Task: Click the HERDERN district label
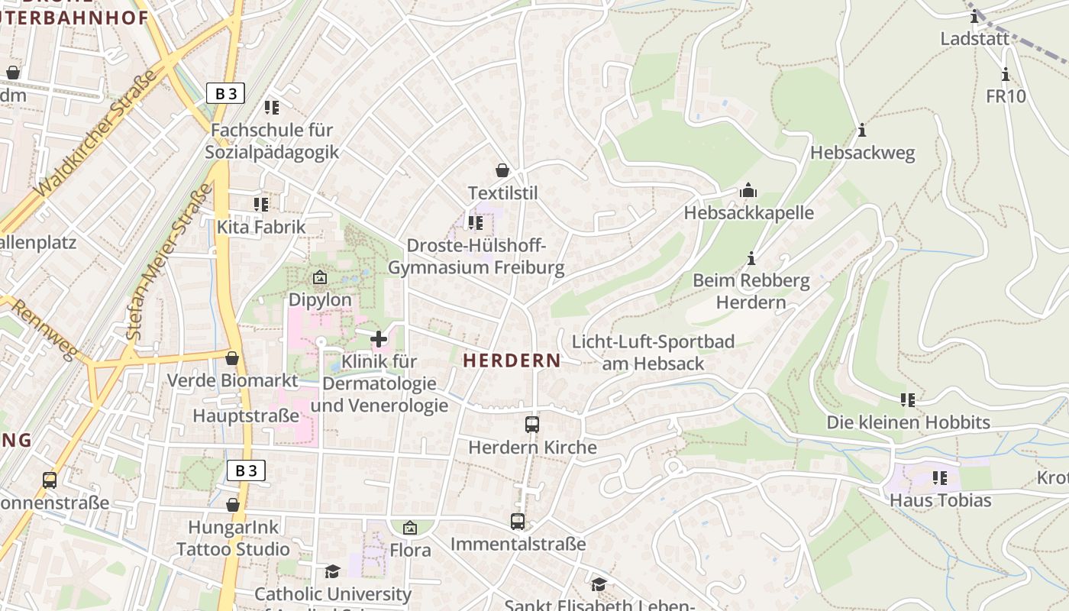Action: point(512,360)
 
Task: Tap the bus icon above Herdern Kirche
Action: point(532,425)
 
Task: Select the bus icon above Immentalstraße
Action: point(518,522)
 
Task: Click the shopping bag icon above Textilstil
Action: point(502,170)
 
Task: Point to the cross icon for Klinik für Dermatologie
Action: point(379,338)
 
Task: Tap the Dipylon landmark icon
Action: point(320,277)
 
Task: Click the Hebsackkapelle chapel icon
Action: point(748,190)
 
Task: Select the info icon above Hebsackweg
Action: point(862,131)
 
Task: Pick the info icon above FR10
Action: point(1006,75)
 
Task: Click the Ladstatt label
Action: point(974,38)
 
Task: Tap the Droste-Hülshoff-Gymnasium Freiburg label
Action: point(476,257)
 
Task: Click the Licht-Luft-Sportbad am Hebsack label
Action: point(653,352)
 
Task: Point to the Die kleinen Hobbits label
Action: point(908,422)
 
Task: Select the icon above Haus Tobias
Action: point(940,478)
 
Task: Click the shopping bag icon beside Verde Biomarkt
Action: point(232,358)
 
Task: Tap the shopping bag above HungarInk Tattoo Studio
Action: point(233,505)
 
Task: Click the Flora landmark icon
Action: point(410,528)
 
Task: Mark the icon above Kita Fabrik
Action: point(261,205)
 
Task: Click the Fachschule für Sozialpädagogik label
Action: point(272,141)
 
